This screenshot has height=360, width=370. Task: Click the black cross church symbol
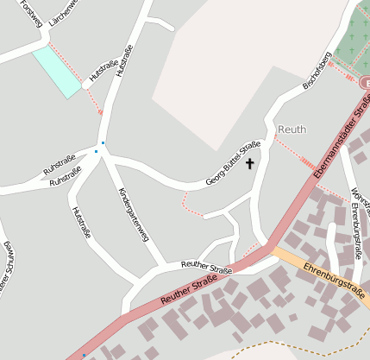pyautogui.click(x=251, y=162)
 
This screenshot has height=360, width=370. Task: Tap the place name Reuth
pyautogui.click(x=292, y=129)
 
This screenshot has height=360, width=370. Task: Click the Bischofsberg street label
pyautogui.click(x=317, y=72)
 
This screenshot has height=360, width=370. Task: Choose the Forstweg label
pyautogui.click(x=30, y=13)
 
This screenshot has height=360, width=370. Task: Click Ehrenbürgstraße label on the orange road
pyautogui.click(x=332, y=281)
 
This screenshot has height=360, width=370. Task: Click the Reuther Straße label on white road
pyautogui.click(x=206, y=267)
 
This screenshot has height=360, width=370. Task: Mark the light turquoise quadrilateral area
pyautogui.click(x=57, y=72)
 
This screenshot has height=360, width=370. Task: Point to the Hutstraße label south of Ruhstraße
pyautogui.click(x=81, y=222)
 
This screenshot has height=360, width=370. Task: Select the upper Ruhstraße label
pyautogui.click(x=60, y=163)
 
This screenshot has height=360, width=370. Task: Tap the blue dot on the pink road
pyautogui.click(x=84, y=355)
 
